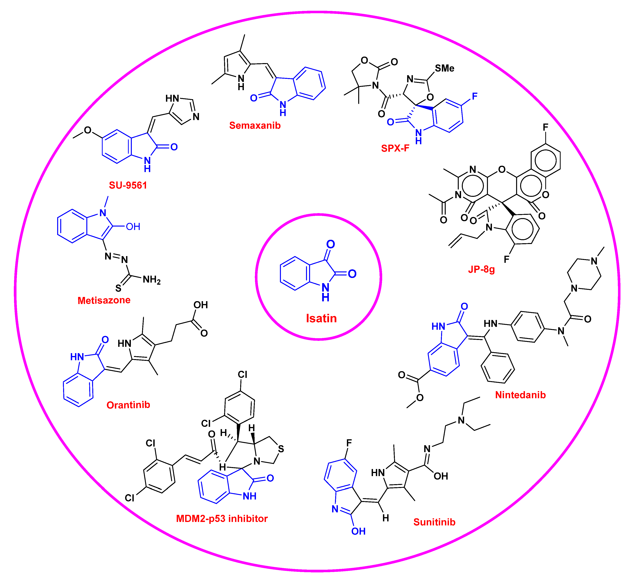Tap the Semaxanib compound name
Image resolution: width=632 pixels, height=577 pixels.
(x=255, y=125)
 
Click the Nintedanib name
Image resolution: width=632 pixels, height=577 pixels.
(x=520, y=395)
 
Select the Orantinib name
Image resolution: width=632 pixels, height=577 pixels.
(x=128, y=405)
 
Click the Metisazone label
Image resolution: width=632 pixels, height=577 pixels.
(x=104, y=300)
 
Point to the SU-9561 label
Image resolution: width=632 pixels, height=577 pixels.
(x=128, y=185)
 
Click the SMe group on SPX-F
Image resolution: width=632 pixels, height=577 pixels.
(x=445, y=68)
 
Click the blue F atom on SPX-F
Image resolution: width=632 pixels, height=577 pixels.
(x=475, y=96)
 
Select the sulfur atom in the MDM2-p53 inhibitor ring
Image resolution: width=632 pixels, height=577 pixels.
(x=281, y=449)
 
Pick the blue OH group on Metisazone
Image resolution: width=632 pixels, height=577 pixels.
(x=133, y=227)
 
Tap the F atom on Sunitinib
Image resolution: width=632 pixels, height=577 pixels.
(x=349, y=443)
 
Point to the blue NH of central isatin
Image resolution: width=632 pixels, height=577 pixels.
(x=325, y=292)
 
